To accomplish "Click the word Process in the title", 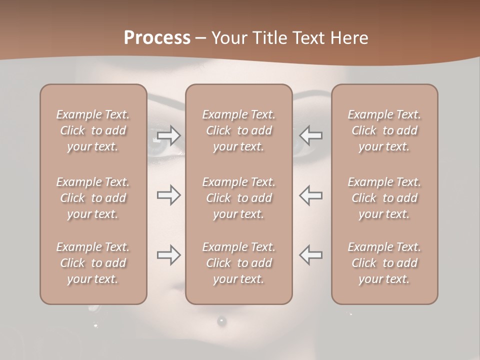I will point(157,38).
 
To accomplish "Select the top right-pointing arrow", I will point(168,135).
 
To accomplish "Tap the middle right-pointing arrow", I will point(168,195).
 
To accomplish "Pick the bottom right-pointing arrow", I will point(168,255).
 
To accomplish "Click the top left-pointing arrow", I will point(310,135).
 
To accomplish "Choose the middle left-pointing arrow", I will point(310,195).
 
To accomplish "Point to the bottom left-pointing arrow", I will point(310,255).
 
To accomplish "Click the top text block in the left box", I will point(93,130).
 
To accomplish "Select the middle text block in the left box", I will point(93,198).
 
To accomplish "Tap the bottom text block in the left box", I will point(93,263).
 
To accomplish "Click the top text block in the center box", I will point(238,130).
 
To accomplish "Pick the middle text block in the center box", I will point(238,198).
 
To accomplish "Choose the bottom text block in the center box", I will point(238,263).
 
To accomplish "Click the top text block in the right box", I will point(384,130).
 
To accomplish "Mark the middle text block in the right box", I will point(384,198).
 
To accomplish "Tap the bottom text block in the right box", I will point(384,263).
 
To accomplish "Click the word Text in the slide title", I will point(309,38).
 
